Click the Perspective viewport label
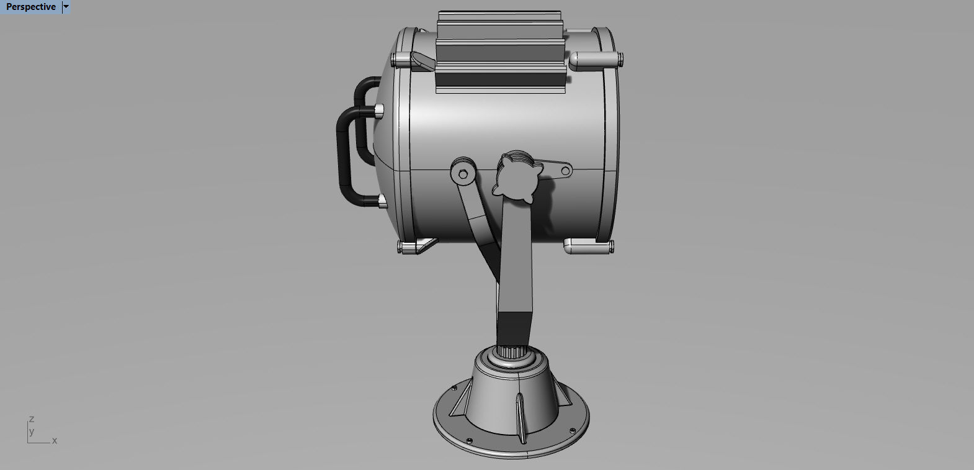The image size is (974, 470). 30,7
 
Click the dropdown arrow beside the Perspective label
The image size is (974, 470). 66,7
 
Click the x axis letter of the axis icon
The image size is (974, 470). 55,441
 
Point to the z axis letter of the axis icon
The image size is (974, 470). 32,419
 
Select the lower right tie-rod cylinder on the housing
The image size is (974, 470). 586,247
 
